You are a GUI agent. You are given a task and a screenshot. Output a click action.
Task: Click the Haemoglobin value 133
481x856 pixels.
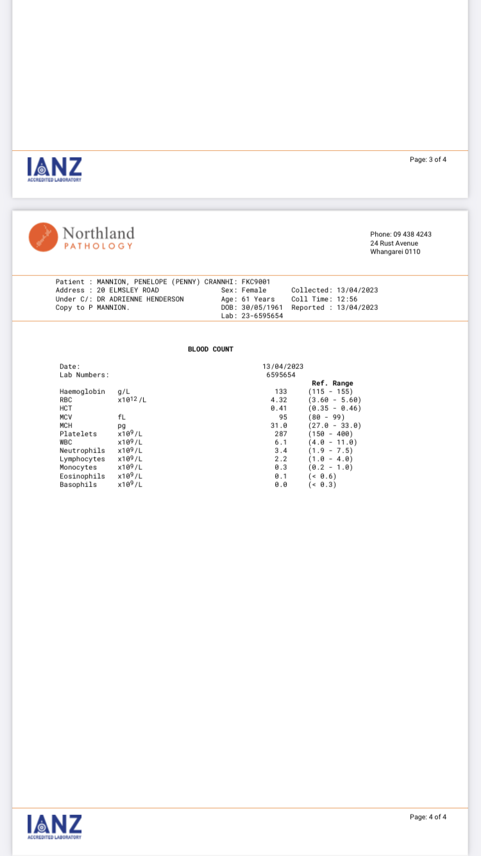click(x=280, y=391)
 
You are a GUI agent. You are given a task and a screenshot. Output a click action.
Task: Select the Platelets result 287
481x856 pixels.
click(x=280, y=434)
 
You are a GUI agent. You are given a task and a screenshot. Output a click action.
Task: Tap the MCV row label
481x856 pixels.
click(x=66, y=417)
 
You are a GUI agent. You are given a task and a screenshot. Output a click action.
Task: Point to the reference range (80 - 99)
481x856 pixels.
click(x=326, y=417)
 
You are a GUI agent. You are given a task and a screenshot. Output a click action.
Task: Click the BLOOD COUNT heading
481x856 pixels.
click(x=210, y=349)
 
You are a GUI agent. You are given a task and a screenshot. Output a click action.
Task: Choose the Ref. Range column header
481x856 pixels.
click(x=332, y=383)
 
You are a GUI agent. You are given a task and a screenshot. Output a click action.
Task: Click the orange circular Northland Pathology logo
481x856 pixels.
click(x=43, y=237)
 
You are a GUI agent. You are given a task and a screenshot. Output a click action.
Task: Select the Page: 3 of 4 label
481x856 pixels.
click(x=428, y=159)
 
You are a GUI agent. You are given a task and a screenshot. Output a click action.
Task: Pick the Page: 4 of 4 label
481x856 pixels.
click(x=428, y=817)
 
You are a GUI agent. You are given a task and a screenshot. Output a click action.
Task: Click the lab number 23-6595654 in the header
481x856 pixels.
click(x=262, y=316)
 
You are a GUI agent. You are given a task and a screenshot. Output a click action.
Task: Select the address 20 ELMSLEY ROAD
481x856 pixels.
click(x=128, y=290)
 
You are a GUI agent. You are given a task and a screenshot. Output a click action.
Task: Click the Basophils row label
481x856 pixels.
click(x=78, y=484)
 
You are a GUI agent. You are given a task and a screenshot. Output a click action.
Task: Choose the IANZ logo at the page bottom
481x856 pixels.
click(x=55, y=826)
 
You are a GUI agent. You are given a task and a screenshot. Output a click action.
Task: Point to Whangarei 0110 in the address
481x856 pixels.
click(x=395, y=252)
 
